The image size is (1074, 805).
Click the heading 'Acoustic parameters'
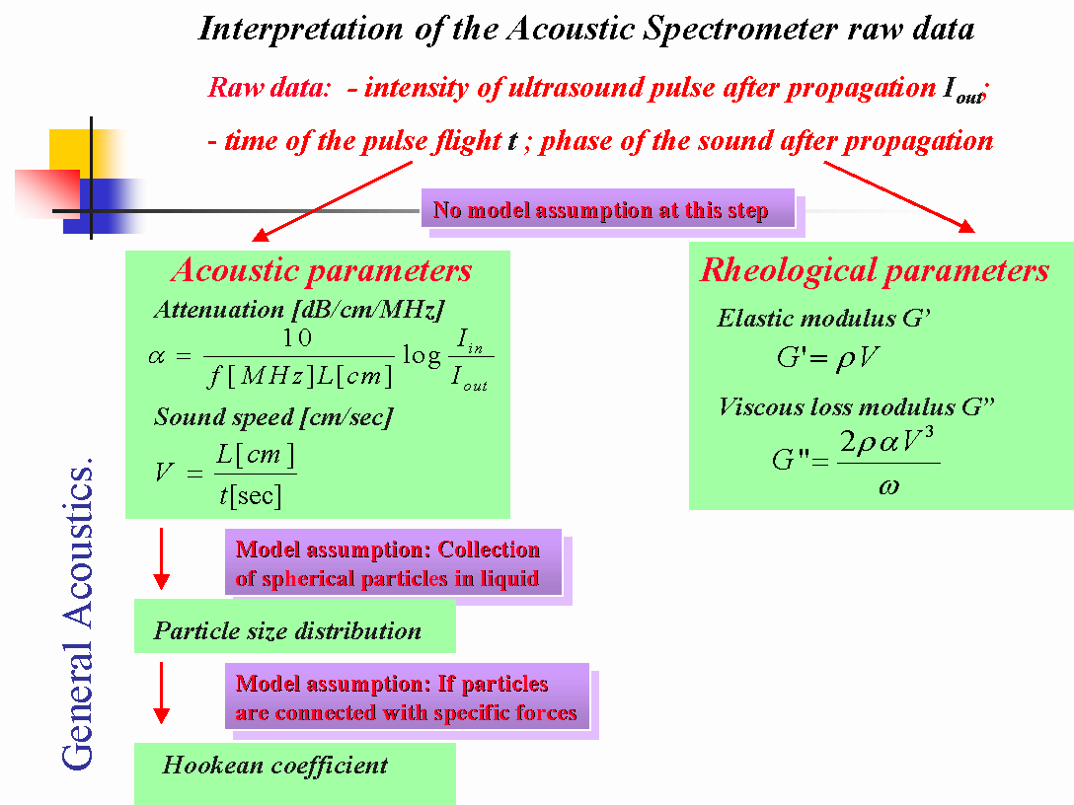(321, 270)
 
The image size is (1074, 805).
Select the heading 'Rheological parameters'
(874, 270)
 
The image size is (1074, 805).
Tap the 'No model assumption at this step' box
(601, 210)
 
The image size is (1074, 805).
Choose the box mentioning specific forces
(406, 697)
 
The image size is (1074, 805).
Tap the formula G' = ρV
(827, 358)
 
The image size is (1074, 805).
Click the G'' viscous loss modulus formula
(855, 462)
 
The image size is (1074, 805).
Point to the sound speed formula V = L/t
(227, 475)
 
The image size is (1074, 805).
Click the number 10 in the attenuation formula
(297, 338)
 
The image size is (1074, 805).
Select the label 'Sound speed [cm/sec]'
(273, 416)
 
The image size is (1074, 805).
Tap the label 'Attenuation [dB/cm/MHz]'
(294, 309)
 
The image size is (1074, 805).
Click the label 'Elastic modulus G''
(824, 319)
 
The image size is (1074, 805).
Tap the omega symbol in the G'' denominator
(887, 486)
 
